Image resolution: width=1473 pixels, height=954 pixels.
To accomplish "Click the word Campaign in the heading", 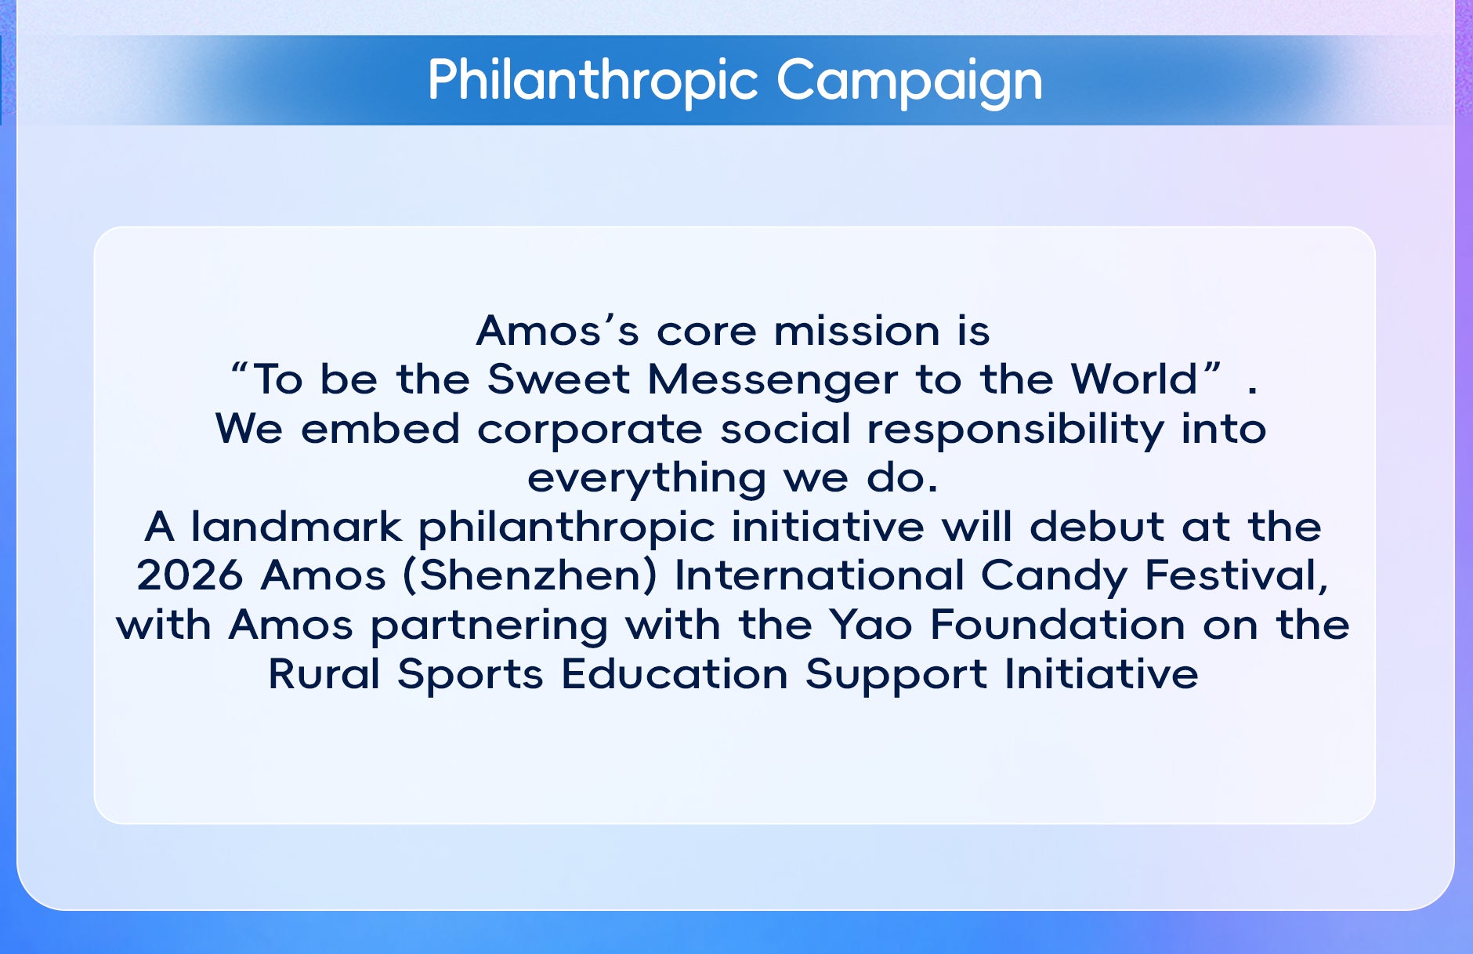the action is (909, 82).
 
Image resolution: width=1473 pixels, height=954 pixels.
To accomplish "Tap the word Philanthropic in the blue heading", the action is (593, 82).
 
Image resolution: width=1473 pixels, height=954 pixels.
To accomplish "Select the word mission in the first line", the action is (856, 331).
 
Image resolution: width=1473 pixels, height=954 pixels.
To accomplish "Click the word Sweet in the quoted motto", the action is (558, 379).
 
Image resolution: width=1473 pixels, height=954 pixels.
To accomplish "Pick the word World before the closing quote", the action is (1134, 379).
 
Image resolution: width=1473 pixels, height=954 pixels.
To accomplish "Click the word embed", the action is (380, 429).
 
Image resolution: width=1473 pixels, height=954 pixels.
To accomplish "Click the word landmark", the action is (296, 527).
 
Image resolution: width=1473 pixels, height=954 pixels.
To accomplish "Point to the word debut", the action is (1096, 527).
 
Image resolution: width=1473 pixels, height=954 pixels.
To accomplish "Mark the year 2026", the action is (190, 576).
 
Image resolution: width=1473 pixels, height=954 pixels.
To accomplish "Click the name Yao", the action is (871, 626).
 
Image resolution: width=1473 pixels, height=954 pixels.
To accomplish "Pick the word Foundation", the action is (1058, 626).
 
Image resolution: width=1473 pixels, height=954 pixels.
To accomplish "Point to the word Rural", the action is (324, 674).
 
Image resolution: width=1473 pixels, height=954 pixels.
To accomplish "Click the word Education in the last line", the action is (675, 674).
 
